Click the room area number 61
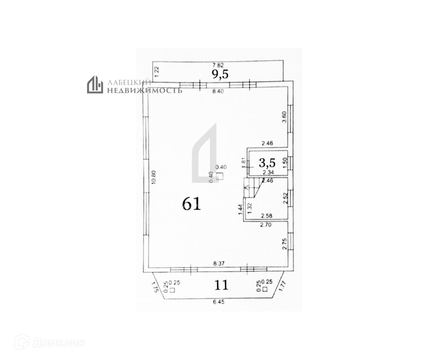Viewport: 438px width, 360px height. point(191,203)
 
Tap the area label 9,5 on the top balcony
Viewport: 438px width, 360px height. point(220,74)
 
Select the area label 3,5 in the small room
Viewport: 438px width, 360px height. point(267,162)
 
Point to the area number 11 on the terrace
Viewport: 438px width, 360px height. point(221,285)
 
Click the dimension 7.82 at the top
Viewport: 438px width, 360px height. point(218,65)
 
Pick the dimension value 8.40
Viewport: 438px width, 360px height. point(218,91)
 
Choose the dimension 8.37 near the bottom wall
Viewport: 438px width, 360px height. point(219,263)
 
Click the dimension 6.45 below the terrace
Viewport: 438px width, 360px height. point(219,302)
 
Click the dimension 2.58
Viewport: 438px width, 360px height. point(266,216)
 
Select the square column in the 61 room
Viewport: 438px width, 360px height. point(219,176)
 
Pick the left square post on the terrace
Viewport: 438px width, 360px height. point(172,290)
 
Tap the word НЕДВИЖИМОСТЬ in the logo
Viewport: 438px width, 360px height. point(144,90)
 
